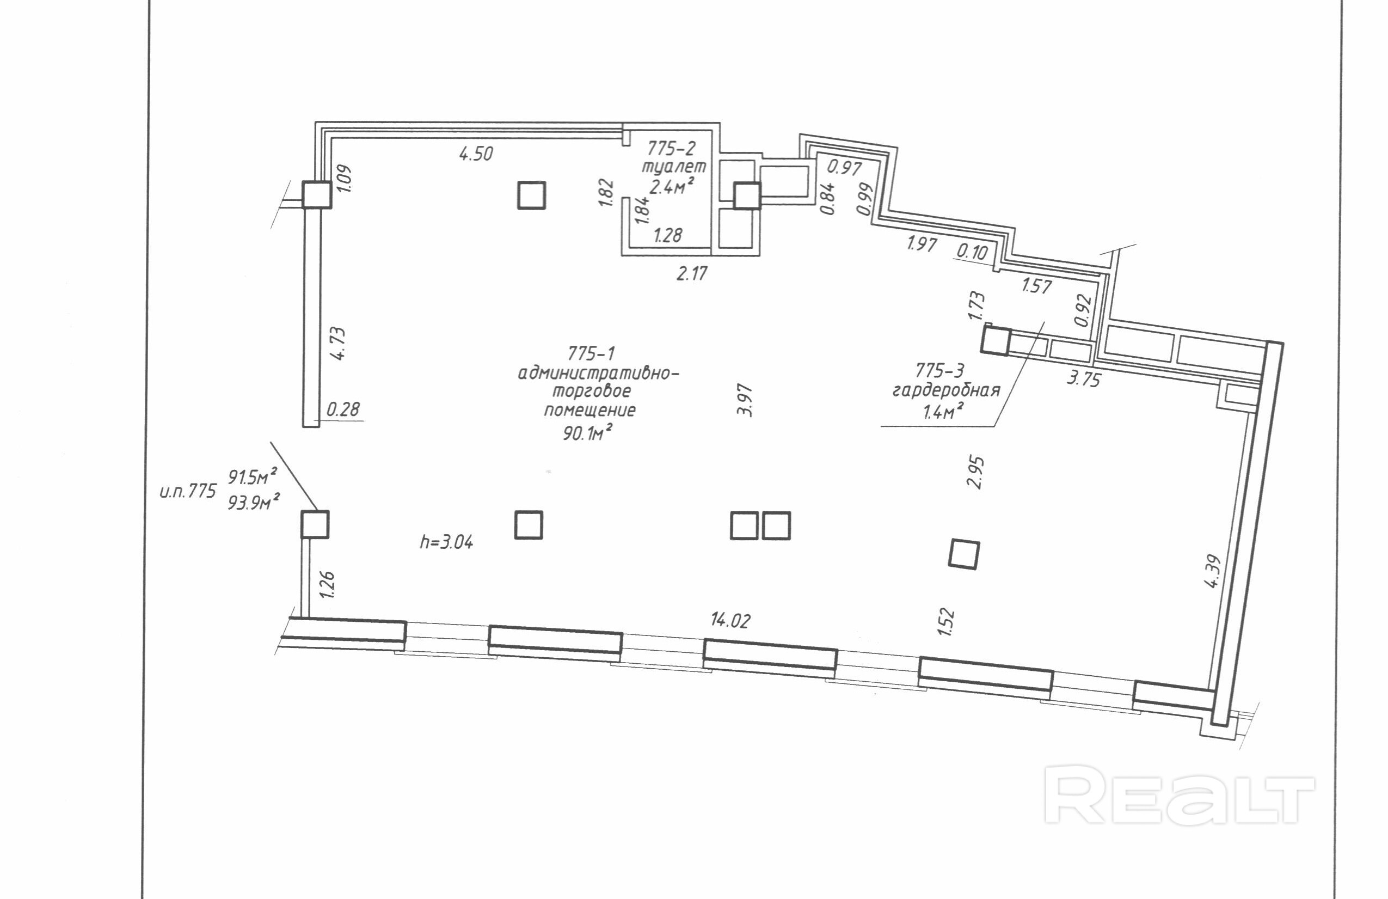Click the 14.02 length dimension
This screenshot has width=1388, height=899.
tap(730, 620)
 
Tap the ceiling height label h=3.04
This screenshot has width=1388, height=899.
tap(446, 542)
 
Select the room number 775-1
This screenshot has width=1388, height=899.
tap(591, 353)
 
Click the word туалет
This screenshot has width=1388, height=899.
tap(674, 167)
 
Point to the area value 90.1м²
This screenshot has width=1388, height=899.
tap(587, 433)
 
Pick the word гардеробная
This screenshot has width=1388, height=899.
tap(946, 390)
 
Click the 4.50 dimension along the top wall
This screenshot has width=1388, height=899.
tap(476, 154)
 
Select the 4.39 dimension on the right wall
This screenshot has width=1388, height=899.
tap(1212, 571)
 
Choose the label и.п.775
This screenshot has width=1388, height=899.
tap(188, 491)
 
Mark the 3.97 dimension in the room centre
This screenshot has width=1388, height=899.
tap(745, 400)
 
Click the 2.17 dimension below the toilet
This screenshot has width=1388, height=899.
tap(692, 273)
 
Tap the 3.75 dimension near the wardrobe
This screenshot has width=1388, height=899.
tap(1083, 379)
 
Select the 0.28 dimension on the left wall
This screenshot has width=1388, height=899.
tap(343, 409)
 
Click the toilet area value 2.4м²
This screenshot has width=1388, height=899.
tap(671, 187)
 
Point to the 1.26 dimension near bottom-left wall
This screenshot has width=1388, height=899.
tap(327, 584)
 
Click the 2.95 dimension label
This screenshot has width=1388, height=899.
tap(974, 472)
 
